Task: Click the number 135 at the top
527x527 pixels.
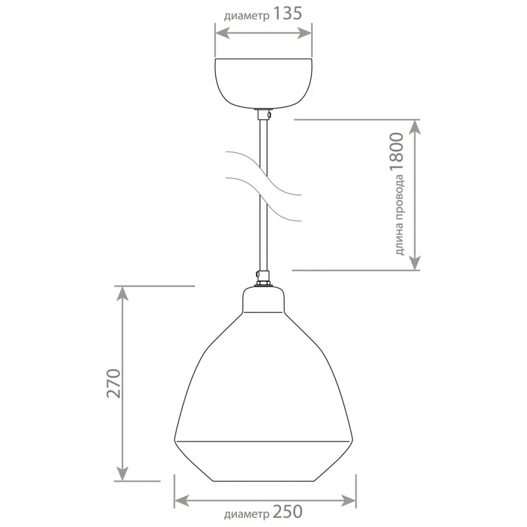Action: pyautogui.click(x=287, y=13)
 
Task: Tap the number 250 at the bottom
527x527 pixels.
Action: pyautogui.click(x=287, y=512)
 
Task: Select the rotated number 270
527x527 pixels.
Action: pyautogui.click(x=114, y=383)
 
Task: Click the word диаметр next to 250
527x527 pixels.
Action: pyautogui.click(x=247, y=514)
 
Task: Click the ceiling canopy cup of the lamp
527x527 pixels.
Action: pyautogui.click(x=263, y=83)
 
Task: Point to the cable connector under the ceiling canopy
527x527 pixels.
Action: pyautogui.click(x=264, y=115)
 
